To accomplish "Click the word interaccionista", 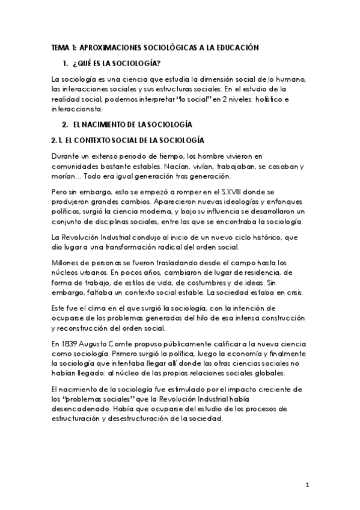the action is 78,109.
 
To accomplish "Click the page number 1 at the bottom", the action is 307,485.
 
